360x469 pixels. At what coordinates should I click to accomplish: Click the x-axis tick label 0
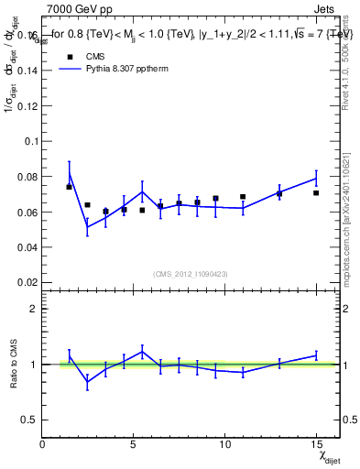(x=43, y=444)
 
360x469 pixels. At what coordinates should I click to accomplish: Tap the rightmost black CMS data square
(x=316, y=192)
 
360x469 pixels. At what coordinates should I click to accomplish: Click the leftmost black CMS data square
(x=69, y=187)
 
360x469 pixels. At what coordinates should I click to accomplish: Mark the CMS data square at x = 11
(x=243, y=197)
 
